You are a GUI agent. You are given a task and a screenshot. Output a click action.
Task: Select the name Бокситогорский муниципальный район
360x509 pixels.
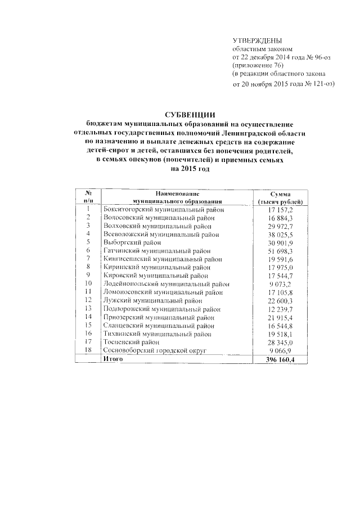(x=164, y=209)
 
